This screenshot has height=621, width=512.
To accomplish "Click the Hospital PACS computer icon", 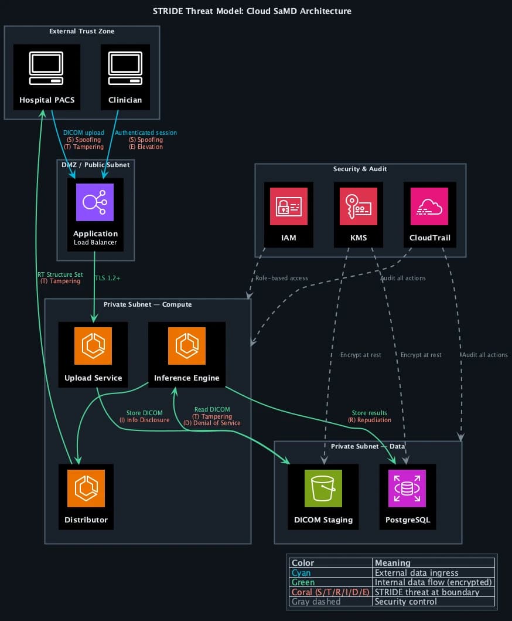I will pyautogui.click(x=47, y=69).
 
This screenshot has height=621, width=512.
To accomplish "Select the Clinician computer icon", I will pyautogui.click(x=125, y=69).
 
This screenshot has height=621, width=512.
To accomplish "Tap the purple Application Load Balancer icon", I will pyautogui.click(x=95, y=202).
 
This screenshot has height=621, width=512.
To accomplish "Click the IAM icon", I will pyautogui.click(x=289, y=206).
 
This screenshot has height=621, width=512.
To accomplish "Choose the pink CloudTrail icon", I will pyautogui.click(x=429, y=206).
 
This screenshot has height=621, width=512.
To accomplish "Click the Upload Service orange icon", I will pyautogui.click(x=93, y=346).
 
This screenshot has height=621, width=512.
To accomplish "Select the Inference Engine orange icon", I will pyautogui.click(x=187, y=346).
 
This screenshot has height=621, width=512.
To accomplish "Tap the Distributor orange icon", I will pyautogui.click(x=86, y=488).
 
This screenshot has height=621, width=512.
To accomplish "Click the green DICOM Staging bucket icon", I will pyautogui.click(x=323, y=488).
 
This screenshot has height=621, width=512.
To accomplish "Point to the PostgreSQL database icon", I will pyautogui.click(x=407, y=488).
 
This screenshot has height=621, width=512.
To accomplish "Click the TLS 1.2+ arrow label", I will pyautogui.click(x=107, y=278).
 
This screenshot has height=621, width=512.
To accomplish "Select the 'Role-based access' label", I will pyautogui.click(x=282, y=278).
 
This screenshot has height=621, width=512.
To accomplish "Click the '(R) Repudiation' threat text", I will pyautogui.click(x=370, y=420).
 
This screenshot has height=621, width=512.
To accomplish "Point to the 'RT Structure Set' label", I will pyautogui.click(x=60, y=274).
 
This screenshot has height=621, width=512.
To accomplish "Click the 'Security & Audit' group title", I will pyautogui.click(x=360, y=169).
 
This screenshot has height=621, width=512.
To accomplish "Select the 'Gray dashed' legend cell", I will pyautogui.click(x=316, y=602).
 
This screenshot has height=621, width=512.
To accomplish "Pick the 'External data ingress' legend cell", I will pyautogui.click(x=417, y=572).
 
